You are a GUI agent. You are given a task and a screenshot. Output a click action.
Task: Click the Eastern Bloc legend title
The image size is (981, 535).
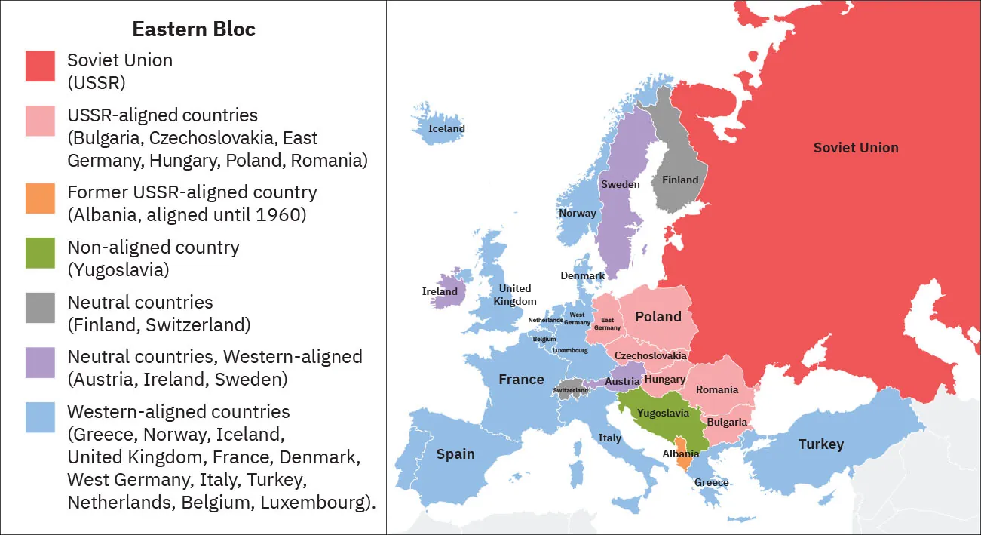point(194,29)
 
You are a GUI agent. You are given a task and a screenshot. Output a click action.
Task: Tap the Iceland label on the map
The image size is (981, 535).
point(446,128)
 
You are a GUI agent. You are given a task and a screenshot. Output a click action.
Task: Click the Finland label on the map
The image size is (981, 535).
point(679,180)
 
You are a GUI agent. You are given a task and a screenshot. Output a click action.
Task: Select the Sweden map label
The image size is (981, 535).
point(620,184)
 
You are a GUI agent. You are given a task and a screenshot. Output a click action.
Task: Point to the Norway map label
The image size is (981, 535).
point(577,213)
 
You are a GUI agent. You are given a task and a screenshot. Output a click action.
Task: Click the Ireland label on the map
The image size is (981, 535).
point(440,291)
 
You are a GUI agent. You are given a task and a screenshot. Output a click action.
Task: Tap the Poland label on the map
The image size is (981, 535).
point(658,317)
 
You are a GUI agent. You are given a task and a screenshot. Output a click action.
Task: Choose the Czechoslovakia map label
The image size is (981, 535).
point(650,355)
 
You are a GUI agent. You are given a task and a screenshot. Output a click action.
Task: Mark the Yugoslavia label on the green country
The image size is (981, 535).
point(663,413)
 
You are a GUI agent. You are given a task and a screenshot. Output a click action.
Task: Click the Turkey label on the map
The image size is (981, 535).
point(820,444)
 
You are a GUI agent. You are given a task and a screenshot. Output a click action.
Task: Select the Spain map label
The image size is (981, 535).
point(455,454)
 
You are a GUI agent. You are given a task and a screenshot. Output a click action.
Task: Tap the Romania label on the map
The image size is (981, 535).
point(716,389)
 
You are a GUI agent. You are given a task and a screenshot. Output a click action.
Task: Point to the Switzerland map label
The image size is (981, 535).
point(570,390)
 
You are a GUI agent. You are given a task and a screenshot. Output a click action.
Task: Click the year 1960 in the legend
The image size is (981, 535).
point(277,215)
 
